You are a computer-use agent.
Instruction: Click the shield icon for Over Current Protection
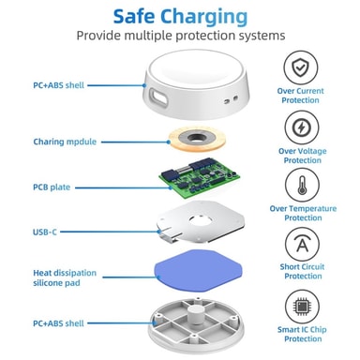(301, 67)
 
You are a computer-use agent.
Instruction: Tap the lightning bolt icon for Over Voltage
(302, 127)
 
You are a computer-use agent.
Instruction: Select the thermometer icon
(302, 185)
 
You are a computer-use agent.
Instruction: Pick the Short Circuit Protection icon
(302, 245)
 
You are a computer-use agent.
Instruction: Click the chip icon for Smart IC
(302, 307)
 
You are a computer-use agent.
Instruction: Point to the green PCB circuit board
(199, 174)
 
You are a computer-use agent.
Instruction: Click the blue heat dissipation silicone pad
(199, 271)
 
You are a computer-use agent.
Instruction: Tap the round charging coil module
(197, 139)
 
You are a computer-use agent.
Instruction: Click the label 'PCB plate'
(52, 187)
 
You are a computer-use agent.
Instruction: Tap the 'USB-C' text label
(45, 232)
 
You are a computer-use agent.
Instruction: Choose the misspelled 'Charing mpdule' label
(65, 142)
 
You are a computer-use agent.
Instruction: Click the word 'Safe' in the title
(134, 17)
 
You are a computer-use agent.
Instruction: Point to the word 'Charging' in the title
(204, 18)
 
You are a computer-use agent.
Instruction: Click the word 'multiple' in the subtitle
(148, 36)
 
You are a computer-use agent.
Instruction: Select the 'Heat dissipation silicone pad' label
(65, 277)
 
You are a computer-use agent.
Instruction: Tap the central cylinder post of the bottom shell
(197, 314)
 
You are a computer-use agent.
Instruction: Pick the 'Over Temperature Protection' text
(303, 213)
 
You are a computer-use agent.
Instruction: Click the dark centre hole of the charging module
(197, 137)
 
